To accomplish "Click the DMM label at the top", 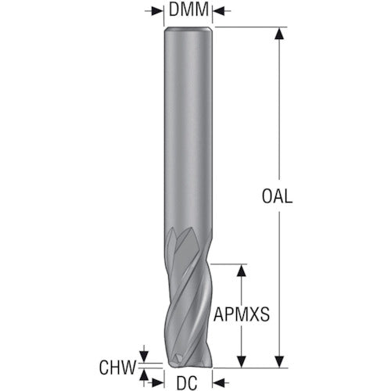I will (190, 10).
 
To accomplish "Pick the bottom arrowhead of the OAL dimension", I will (277, 361).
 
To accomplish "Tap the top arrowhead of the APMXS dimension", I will (242, 270).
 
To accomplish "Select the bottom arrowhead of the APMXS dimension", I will (242, 361).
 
